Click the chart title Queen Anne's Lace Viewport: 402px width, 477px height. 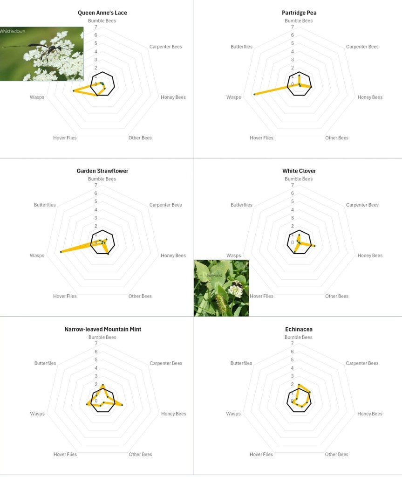[102, 13]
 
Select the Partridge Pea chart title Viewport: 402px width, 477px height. [299, 13]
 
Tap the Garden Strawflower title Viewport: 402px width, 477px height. [102, 171]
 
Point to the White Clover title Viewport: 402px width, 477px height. [299, 171]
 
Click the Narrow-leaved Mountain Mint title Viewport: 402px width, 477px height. [102, 329]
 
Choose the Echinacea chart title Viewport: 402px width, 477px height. [299, 329]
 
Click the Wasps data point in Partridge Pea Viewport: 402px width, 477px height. [254, 94]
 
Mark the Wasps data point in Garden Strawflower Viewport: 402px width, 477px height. [61, 252]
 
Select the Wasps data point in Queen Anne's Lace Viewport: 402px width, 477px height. [74, 91]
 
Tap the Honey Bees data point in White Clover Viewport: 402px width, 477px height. [314, 246]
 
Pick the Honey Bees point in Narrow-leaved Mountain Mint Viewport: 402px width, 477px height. [122, 405]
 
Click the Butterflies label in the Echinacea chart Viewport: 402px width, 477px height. [241, 363]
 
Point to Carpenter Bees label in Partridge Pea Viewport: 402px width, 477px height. [362, 47]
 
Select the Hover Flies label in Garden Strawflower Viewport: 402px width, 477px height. [65, 296]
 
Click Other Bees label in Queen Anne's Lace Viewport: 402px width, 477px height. [140, 138]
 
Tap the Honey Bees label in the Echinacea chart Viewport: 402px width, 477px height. [370, 414]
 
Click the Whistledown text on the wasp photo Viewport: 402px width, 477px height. [13, 31]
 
